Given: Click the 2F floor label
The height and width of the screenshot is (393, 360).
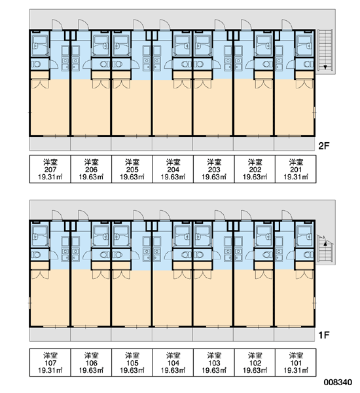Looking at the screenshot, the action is [x=324, y=145].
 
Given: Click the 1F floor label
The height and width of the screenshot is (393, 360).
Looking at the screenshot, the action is [x=324, y=335].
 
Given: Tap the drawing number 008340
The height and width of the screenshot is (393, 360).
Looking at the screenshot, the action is [x=338, y=383].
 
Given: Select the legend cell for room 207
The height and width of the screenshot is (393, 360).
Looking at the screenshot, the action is [x=50, y=169].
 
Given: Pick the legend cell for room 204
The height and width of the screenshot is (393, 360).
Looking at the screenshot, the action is [x=173, y=169].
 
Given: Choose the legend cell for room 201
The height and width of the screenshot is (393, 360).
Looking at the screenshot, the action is [x=296, y=169].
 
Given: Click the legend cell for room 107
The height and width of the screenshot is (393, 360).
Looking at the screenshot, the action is [x=50, y=362].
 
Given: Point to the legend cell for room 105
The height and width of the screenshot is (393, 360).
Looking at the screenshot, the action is [x=132, y=362].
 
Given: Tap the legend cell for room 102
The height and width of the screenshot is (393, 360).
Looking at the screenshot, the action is [x=255, y=362].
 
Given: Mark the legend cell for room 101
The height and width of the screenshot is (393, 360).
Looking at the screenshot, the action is [x=296, y=362].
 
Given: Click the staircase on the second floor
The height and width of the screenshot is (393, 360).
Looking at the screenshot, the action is [x=325, y=50].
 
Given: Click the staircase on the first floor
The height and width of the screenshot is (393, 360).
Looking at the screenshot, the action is [x=325, y=249].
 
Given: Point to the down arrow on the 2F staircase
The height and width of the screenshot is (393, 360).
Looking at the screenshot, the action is [x=325, y=67].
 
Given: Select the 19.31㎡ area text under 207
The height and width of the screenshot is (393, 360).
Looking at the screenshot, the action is [x=50, y=178].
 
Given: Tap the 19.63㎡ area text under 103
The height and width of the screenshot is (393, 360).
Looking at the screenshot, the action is [x=214, y=371].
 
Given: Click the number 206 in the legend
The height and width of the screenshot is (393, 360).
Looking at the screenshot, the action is [x=91, y=170].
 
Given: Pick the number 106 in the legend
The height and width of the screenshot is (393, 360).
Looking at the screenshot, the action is [x=91, y=363].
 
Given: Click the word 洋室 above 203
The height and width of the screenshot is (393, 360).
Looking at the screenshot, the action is [x=214, y=162].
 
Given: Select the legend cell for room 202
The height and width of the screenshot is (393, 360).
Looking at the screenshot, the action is [x=255, y=169].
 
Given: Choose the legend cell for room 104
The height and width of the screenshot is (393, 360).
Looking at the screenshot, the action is [x=173, y=362].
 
